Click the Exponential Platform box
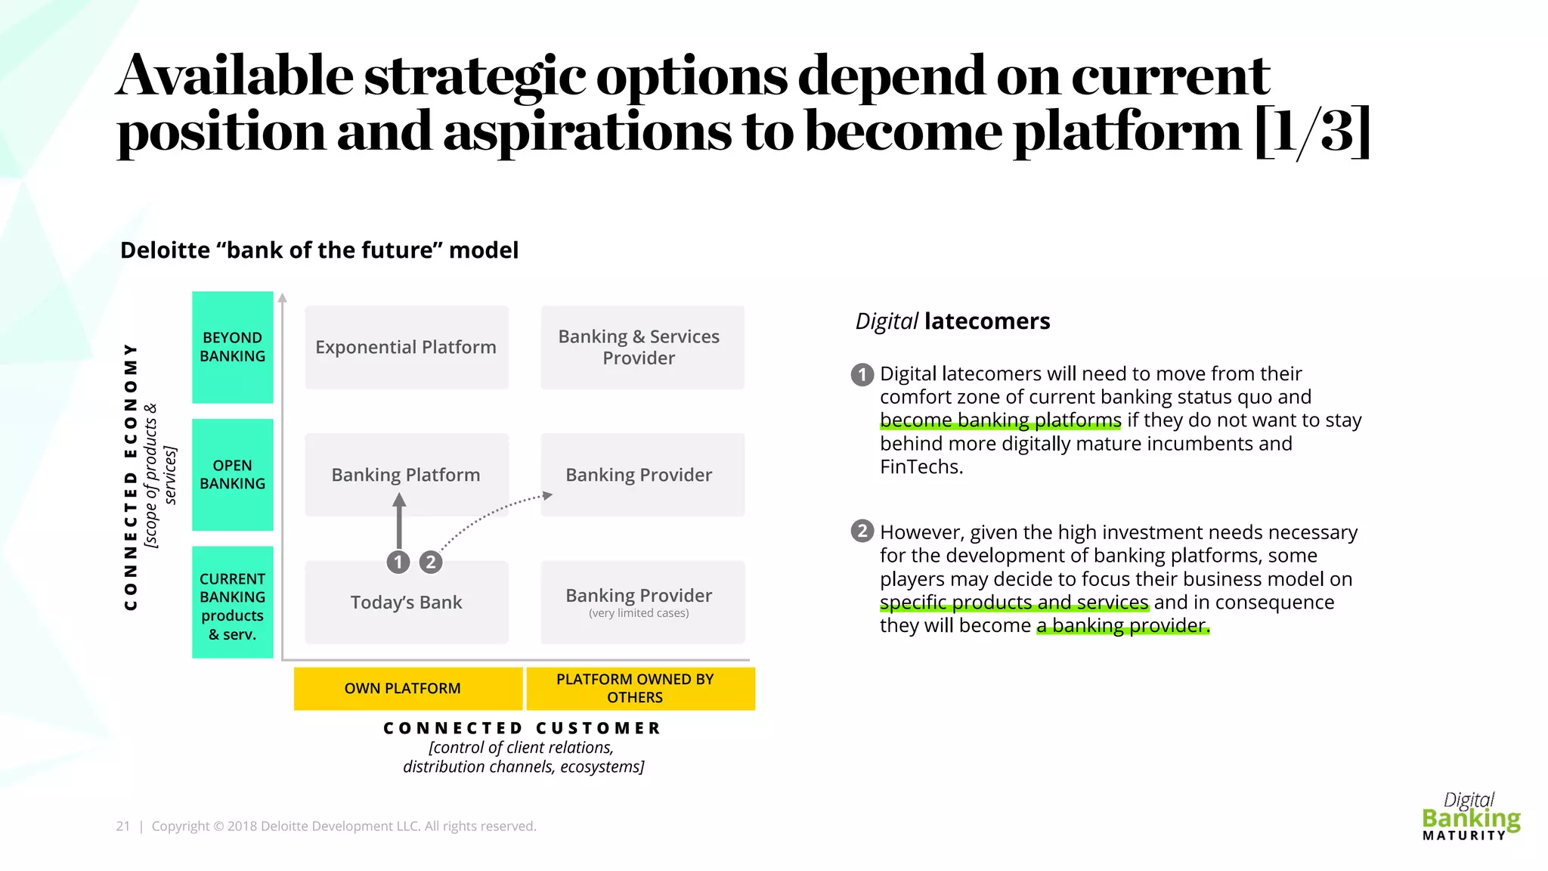coord(406,347)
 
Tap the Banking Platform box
coord(406,465)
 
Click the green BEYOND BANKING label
coord(232,347)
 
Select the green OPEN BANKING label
coord(232,474)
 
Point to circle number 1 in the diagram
coord(398,562)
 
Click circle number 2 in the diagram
coord(431,562)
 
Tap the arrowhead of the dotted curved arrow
coord(548,496)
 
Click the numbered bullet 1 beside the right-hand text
coord(862,374)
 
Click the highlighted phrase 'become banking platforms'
coord(1000,420)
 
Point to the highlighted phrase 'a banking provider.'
coord(1123,626)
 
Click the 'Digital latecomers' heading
coord(952,321)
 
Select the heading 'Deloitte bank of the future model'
coord(319,250)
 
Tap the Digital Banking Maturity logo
coord(1470,817)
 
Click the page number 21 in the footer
coord(122,826)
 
